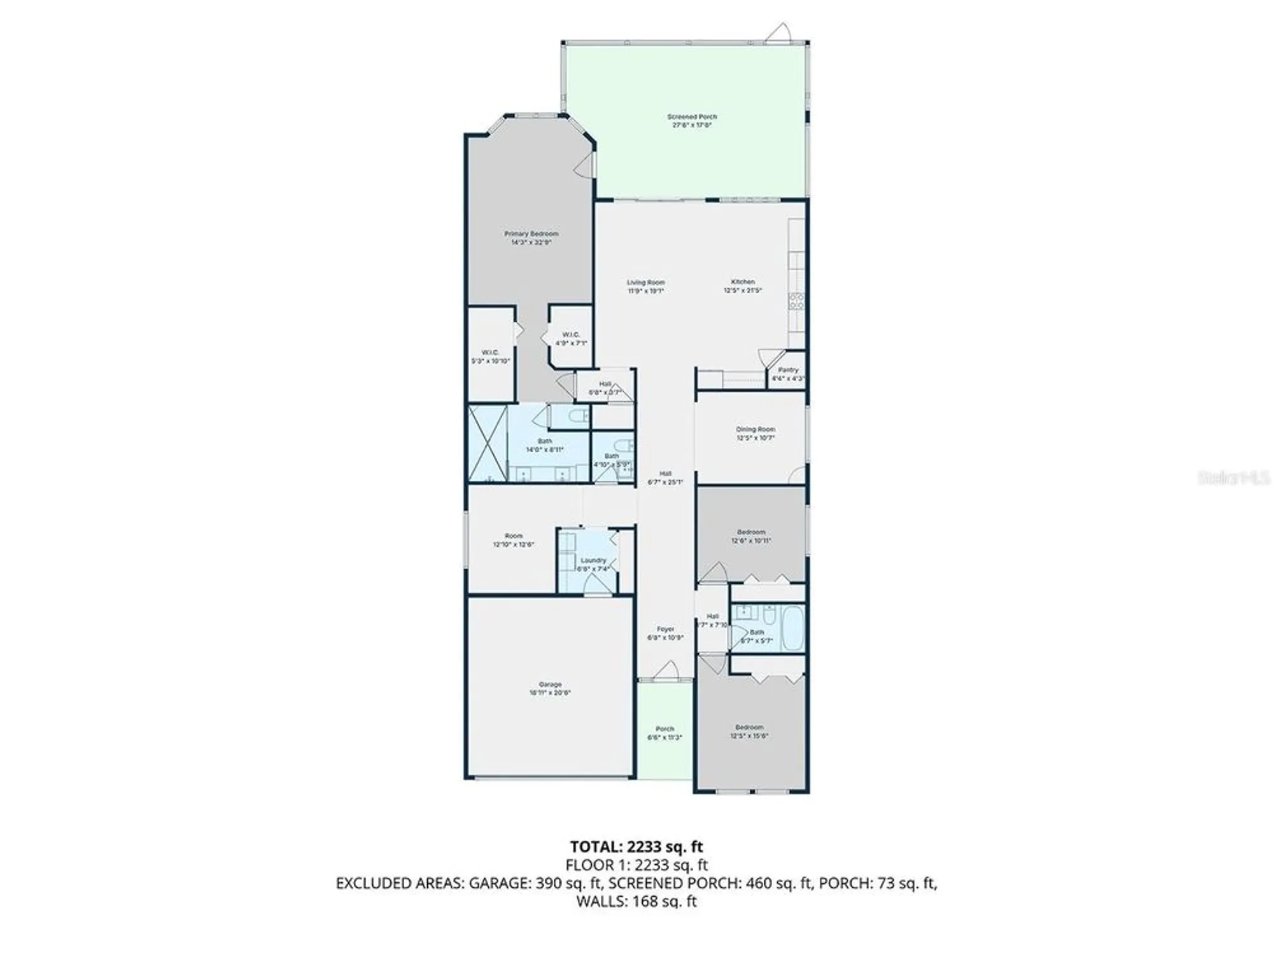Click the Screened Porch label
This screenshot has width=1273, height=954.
[692, 121]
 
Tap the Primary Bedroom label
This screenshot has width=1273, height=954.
[531, 238]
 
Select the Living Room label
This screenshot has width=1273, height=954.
[645, 286]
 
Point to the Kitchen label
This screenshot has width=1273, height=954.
[743, 286]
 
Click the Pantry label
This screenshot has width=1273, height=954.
[788, 374]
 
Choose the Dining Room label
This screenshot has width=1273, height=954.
[756, 433]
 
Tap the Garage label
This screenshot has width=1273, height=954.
[550, 688]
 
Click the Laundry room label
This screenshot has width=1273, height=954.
[593, 564]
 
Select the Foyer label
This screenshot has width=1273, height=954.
[665, 633]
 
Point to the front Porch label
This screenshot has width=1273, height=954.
[665, 733]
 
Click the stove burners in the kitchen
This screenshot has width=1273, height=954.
[796, 301]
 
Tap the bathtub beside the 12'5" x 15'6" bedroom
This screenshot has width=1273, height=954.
[792, 628]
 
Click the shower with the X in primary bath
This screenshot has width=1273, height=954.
[488, 443]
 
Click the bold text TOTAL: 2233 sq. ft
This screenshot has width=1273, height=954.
[636, 847]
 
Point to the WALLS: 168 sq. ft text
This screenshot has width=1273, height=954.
[636, 901]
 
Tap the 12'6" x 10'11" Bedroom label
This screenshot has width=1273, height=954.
[751, 536]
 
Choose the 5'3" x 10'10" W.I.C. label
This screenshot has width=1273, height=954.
[490, 356]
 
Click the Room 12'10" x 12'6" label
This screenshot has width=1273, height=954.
[513, 540]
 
